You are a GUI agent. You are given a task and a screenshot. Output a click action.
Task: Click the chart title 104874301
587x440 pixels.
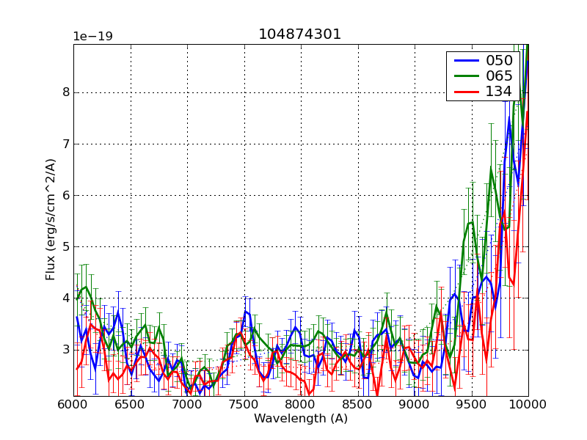[x=300, y=34]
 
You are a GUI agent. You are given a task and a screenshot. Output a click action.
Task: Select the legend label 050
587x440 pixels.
[x=498, y=60]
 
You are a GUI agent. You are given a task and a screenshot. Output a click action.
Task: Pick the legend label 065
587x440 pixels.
[x=498, y=76]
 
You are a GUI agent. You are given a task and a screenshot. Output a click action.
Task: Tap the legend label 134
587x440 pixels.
[x=498, y=91]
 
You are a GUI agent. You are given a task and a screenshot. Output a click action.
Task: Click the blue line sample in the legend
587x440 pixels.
[x=464, y=60]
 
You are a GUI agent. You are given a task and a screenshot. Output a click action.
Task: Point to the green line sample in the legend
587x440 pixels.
[x=464, y=76]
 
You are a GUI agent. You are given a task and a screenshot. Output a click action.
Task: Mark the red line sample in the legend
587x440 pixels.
[x=464, y=91]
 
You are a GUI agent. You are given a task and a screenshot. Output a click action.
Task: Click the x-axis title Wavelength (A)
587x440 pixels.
[x=300, y=419]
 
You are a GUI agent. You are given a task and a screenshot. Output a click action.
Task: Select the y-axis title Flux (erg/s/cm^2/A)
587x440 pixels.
[x=51, y=220]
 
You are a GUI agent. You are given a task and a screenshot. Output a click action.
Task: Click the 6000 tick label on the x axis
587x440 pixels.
[x=73, y=405]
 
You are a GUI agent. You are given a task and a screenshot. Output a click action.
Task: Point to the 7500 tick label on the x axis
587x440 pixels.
[x=244, y=405]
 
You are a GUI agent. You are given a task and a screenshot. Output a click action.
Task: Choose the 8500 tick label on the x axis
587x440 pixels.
[x=357, y=405]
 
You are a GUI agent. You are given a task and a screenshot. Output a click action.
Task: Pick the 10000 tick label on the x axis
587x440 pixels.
[x=528, y=405]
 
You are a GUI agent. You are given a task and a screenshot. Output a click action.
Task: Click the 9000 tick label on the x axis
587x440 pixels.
[x=414, y=405]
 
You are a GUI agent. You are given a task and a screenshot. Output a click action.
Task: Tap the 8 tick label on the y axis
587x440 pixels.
[x=66, y=92]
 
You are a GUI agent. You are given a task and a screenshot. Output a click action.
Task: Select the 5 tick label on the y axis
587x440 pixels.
[x=66, y=246]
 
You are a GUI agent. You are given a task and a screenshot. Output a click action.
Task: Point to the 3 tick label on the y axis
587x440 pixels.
[x=66, y=349]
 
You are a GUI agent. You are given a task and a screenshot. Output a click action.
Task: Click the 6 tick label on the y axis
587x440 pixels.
[x=66, y=195]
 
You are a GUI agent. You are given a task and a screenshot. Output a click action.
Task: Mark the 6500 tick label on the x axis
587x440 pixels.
[x=130, y=405]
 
